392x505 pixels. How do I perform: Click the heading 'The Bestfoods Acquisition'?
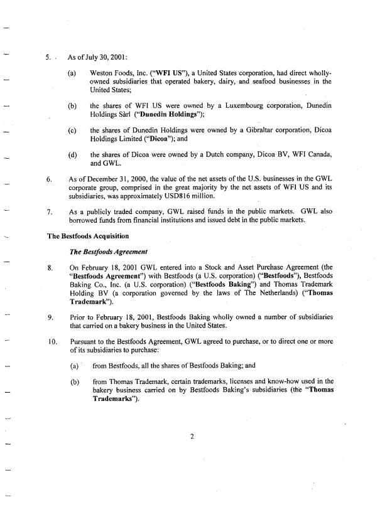(88, 236)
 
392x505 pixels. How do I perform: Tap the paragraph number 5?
(48, 57)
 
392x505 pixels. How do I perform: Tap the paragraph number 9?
(49, 317)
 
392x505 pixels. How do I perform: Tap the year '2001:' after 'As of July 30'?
(111, 57)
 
